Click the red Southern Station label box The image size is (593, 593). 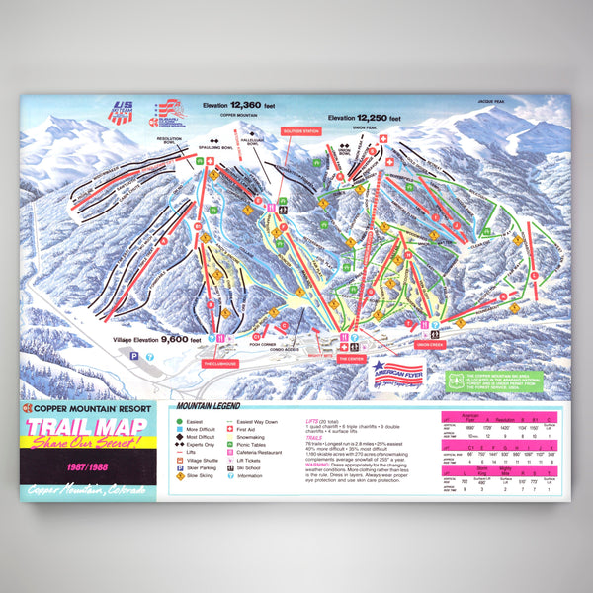[x=299, y=131]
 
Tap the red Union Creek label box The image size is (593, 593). [x=436, y=345]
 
